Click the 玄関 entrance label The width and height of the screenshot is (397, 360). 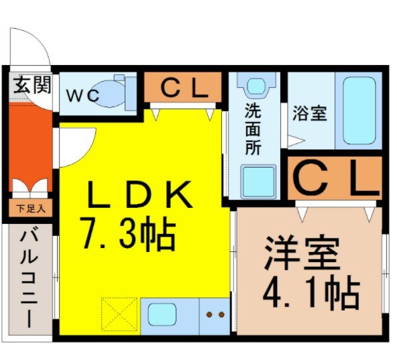coord(32,85)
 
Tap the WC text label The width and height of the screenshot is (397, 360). coord(82,96)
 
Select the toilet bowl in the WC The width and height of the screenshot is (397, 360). coord(110,94)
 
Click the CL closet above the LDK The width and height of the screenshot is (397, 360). coord(183,87)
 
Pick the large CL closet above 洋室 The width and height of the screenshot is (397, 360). coord(335,178)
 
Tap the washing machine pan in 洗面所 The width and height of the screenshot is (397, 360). coord(258,181)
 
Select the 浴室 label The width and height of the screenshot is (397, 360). coord(310,113)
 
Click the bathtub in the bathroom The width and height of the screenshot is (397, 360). coord(359,111)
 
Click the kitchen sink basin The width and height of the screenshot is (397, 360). coord(162,314)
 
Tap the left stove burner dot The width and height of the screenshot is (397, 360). coord(209,314)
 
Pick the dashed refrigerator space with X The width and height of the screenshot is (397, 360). coord(119,314)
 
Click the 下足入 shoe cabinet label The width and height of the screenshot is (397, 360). coord(31,209)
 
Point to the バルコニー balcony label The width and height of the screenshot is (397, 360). coord(30,280)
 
